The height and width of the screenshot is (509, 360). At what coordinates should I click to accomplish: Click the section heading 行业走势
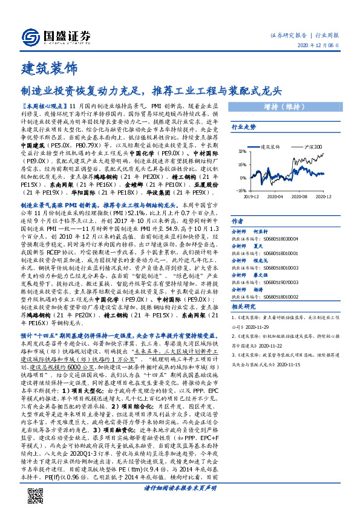[x=244, y=128]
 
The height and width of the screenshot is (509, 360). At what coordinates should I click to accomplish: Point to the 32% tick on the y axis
[x=242, y=151]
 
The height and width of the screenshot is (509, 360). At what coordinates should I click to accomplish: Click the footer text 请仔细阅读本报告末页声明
[x=180, y=487]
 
